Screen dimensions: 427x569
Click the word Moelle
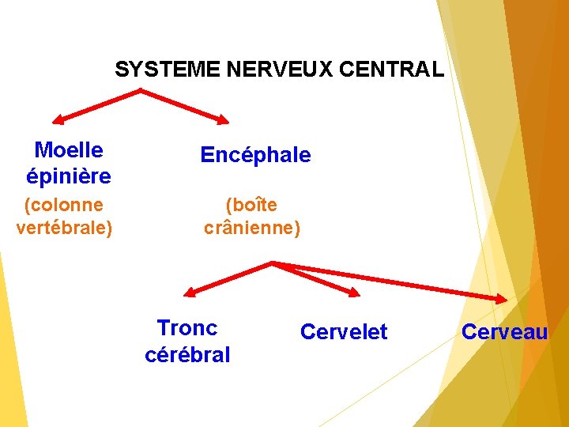(69, 150)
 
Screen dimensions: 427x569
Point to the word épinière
(69, 175)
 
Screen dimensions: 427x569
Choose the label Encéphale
(255, 156)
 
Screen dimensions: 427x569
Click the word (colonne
(64, 206)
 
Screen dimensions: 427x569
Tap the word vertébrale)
(64, 229)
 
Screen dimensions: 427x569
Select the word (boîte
(251, 206)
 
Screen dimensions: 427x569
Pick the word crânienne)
(252, 229)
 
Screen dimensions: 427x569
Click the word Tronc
(187, 328)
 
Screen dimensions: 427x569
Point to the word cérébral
(187, 355)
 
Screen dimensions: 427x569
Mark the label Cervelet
(344, 332)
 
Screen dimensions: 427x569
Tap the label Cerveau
(504, 332)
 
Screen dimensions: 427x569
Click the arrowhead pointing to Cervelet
(353, 293)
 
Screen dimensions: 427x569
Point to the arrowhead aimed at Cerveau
(503, 299)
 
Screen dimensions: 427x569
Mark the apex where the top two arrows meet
(141, 90)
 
